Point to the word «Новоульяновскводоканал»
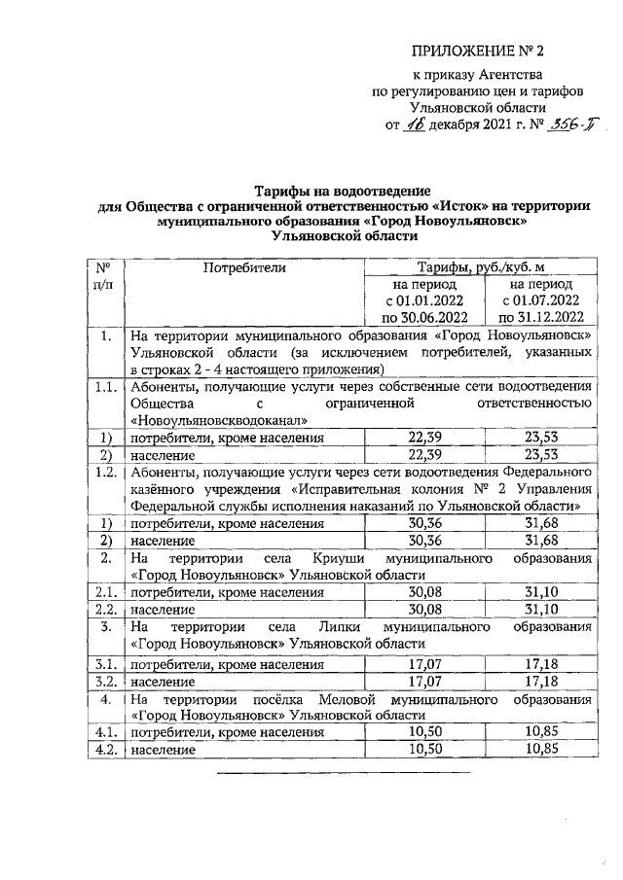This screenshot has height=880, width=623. (x=220, y=421)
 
